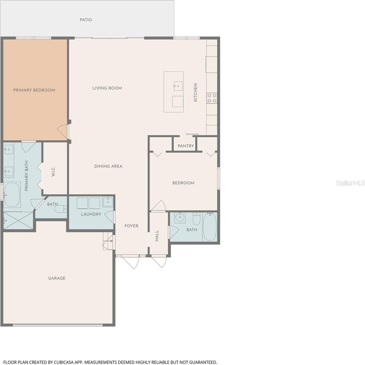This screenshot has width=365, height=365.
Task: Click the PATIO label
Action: coord(86,20)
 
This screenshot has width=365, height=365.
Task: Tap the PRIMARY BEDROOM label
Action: coord(34,90)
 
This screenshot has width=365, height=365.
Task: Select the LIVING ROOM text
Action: coord(107,88)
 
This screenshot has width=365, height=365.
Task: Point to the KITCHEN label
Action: coord(196,92)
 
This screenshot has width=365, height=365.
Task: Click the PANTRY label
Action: coord(186,146)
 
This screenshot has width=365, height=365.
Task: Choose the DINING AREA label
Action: coord(108,166)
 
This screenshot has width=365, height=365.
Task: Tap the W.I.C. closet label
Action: coord(53,171)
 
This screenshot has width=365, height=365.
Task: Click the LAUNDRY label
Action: coord(91,214)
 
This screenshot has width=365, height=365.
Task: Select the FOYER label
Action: coord(132,226)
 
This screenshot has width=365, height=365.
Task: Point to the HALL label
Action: coord(157,236)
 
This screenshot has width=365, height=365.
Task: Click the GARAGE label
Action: coord(57,278)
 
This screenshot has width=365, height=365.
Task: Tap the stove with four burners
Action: coord(212,98)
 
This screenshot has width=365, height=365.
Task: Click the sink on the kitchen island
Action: coord(178,86)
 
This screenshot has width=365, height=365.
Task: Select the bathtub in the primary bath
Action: coord(12,195)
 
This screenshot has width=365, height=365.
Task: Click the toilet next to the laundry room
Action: coord(61,209)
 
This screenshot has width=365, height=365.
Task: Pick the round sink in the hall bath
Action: coord(180,217)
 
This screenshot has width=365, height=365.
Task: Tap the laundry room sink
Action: coord(108,202)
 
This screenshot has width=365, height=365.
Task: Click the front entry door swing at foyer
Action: coord(131,262)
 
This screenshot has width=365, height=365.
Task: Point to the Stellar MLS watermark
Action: coord(350,183)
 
